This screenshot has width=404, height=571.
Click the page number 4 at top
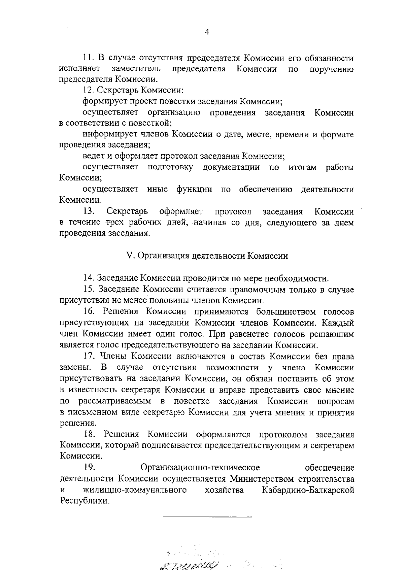(x=207, y=32)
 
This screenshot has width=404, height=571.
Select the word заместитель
(x=136, y=69)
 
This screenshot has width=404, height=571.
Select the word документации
(x=231, y=167)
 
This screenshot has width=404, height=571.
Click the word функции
(x=194, y=189)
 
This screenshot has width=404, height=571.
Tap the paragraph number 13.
(x=89, y=211)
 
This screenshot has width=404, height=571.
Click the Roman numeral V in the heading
(x=128, y=256)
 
